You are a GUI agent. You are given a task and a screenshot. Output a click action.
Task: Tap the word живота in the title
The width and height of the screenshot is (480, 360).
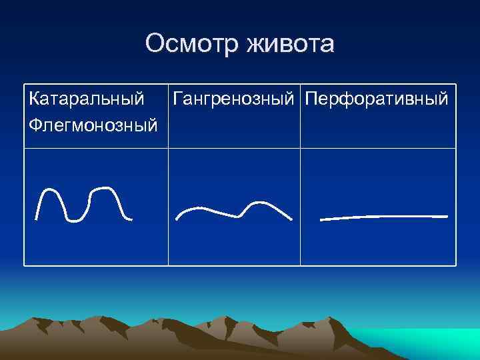tap(289, 45)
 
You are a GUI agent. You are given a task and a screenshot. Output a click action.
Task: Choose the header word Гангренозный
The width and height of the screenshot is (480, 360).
tap(233, 99)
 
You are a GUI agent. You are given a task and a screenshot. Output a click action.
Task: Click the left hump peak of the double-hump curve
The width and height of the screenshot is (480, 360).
tap(52, 191)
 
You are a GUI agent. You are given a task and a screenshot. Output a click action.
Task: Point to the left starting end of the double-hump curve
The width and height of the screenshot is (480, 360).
tap(37, 218)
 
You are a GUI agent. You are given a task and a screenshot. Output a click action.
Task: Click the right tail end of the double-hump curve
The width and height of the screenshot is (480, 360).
tap(131, 218)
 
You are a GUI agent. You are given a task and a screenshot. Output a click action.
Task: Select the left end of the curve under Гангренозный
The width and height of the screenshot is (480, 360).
tap(177, 218)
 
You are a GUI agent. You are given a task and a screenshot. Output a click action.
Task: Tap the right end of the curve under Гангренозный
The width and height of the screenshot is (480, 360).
tap(291, 218)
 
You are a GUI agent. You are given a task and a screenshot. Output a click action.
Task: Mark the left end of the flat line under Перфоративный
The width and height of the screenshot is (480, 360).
tap(321, 219)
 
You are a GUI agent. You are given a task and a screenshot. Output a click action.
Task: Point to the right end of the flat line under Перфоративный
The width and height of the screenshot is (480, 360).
tap(446, 216)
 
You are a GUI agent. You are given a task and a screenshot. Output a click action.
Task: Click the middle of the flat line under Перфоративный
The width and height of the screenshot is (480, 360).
tap(383, 217)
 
